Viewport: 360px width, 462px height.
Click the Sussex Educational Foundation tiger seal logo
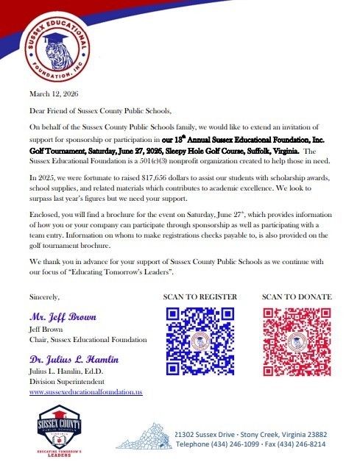(x=56, y=47)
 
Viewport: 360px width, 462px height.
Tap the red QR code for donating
(x=297, y=338)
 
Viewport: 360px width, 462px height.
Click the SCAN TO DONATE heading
(x=297, y=296)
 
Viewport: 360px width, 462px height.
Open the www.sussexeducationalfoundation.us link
(x=85, y=393)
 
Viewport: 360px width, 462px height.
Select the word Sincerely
(x=44, y=296)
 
